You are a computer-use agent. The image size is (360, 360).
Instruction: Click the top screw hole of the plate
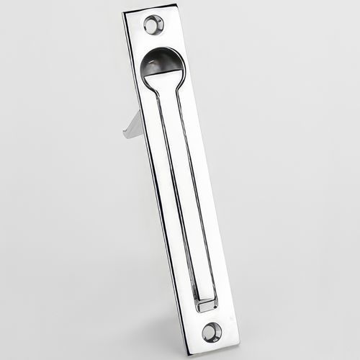pos(153,26)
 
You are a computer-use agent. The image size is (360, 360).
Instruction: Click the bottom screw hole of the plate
pos(211,331)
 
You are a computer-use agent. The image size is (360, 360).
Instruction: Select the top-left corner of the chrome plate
pos(124,13)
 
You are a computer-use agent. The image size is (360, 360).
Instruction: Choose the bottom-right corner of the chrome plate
pos(239,343)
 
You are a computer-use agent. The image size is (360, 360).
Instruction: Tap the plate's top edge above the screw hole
pos(151,9)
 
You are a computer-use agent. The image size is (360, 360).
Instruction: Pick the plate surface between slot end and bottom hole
pos(208,315)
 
